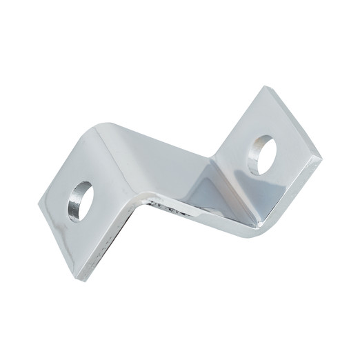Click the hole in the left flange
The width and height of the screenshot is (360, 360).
80,201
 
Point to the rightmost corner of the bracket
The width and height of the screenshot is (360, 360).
321,157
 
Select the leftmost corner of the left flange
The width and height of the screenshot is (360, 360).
39,201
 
